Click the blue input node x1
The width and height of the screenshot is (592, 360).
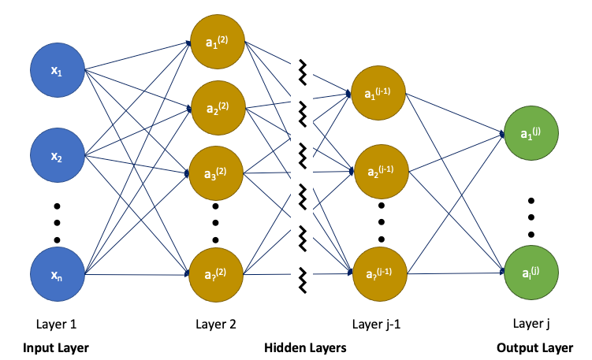tap(58, 71)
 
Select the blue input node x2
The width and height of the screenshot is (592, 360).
tap(58, 156)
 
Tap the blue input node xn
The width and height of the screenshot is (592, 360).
tap(58, 275)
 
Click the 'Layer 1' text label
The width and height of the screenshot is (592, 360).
tap(57, 324)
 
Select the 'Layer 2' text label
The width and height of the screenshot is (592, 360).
tap(215, 324)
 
